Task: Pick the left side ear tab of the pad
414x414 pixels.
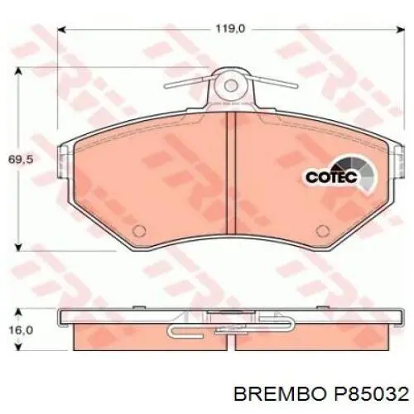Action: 61,163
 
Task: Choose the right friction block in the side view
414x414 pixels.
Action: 323,338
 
